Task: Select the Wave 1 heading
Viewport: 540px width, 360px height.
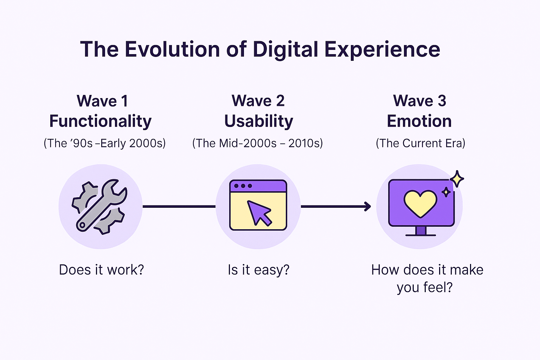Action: pyautogui.click(x=102, y=101)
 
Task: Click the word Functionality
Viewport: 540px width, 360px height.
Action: pyautogui.click(x=101, y=121)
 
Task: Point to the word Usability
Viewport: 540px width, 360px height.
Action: pyautogui.click(x=259, y=121)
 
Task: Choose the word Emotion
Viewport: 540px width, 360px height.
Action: pyautogui.click(x=419, y=121)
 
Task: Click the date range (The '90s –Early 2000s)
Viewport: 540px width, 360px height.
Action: pyautogui.click(x=104, y=143)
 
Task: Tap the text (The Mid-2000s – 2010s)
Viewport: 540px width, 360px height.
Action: pyautogui.click(x=257, y=143)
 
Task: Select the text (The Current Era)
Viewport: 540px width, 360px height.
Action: pyautogui.click(x=420, y=143)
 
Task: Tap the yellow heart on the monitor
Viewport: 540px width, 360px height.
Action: pyautogui.click(x=420, y=203)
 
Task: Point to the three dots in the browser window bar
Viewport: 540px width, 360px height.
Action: pyautogui.click(x=243, y=186)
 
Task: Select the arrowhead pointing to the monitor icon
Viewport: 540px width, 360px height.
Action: pyautogui.click(x=368, y=206)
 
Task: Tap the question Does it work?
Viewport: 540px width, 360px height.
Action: pyautogui.click(x=102, y=270)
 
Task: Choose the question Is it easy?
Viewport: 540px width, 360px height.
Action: pyautogui.click(x=258, y=270)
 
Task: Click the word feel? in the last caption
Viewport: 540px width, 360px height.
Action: pyautogui.click(x=438, y=288)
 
